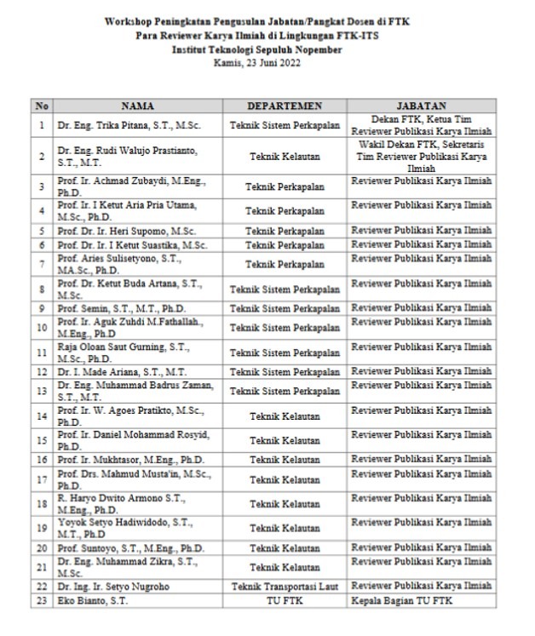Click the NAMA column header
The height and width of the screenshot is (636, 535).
(x=137, y=106)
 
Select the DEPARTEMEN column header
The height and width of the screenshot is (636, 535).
(x=285, y=106)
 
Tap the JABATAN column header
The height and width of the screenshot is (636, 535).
(x=422, y=106)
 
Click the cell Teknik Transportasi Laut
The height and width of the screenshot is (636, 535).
(x=285, y=587)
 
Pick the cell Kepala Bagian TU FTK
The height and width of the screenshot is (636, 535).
(x=402, y=601)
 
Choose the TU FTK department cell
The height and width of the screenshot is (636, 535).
(x=285, y=601)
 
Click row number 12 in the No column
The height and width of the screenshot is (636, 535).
(x=41, y=371)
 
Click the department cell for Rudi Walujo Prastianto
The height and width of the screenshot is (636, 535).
(x=285, y=156)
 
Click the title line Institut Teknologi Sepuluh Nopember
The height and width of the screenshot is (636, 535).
(x=269, y=50)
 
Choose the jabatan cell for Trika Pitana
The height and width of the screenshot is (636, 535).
(x=422, y=125)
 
